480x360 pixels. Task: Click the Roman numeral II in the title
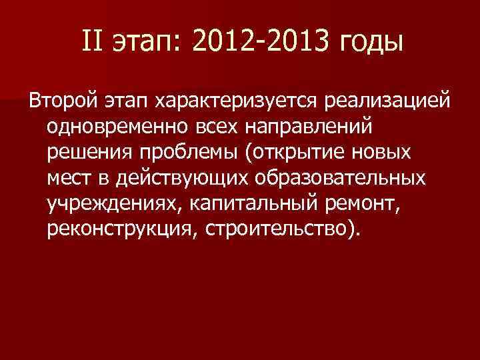(x=93, y=42)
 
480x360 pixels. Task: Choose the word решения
(x=90, y=153)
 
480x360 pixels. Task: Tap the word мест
(x=70, y=178)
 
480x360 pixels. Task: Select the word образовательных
(x=342, y=179)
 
